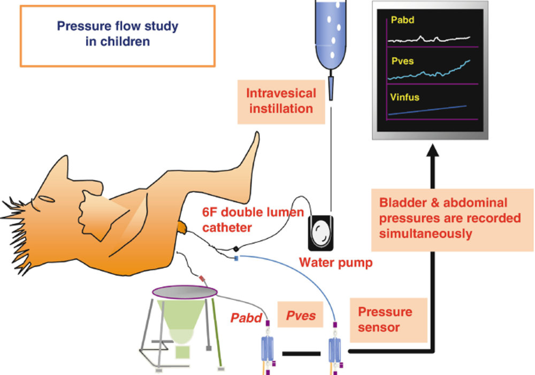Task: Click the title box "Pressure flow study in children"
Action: (117, 35)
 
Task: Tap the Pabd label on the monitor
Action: (403, 20)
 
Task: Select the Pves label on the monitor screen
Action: (403, 61)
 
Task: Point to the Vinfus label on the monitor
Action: (404, 97)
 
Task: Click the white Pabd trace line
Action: (429, 39)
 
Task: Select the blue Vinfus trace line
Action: (427, 110)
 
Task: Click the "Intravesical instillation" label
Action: (281, 101)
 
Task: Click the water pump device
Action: (320, 233)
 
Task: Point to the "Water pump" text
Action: (336, 262)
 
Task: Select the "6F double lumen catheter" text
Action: (253, 220)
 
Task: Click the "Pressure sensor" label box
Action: (388, 320)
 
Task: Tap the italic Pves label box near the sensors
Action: (300, 314)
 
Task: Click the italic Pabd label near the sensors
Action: (246, 318)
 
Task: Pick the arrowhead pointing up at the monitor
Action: (433, 151)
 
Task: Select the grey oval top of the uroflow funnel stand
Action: (185, 292)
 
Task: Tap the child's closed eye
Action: (47, 199)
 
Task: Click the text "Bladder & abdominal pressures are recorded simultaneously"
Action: (450, 218)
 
